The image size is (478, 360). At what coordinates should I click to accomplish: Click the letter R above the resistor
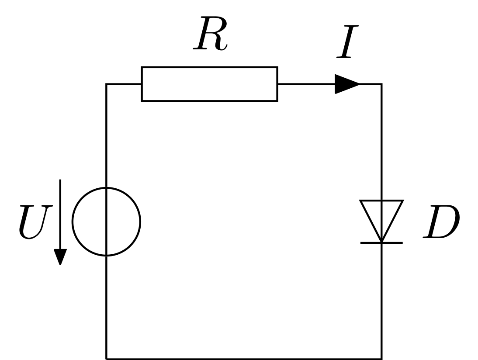click(x=210, y=34)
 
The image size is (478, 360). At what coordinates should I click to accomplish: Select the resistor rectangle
click(x=209, y=67)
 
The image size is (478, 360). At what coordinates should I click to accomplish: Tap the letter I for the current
click(x=347, y=42)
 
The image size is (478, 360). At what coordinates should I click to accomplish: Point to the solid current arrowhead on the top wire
click(x=347, y=84)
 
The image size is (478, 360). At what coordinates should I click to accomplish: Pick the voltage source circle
click(x=73, y=222)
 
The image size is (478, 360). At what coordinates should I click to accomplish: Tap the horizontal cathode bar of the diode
click(x=381, y=243)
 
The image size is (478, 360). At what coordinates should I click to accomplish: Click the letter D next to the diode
click(x=441, y=222)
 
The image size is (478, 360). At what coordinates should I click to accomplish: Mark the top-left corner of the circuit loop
click(x=106, y=84)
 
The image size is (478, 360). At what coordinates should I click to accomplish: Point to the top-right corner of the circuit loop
click(x=382, y=84)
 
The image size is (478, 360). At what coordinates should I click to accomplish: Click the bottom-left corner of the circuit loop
click(x=106, y=359)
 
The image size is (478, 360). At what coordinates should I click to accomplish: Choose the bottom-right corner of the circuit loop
click(x=382, y=359)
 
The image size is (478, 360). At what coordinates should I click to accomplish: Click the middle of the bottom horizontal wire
click(x=244, y=359)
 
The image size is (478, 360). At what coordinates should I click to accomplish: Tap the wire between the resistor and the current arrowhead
click(x=306, y=84)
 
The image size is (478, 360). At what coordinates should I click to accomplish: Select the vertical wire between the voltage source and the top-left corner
click(x=106, y=135)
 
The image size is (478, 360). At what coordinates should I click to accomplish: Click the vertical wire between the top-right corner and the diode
click(x=382, y=142)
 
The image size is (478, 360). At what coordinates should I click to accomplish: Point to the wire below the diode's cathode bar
click(x=382, y=301)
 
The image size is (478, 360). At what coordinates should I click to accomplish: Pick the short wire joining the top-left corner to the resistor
click(x=124, y=84)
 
